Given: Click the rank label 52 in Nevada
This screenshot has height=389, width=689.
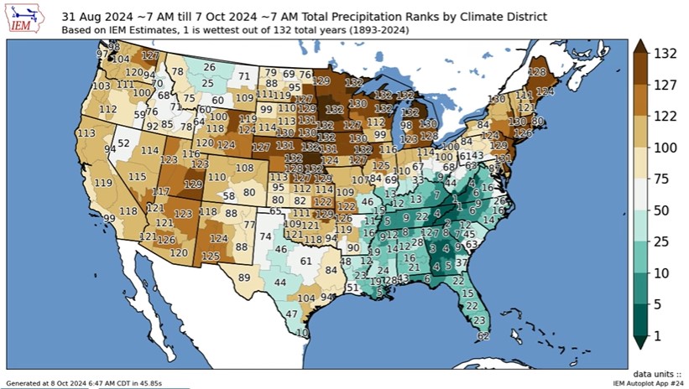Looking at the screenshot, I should (123, 143).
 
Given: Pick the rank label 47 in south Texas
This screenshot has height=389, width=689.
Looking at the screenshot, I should (291, 314).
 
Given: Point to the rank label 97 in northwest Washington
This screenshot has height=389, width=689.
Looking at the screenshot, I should (102, 54).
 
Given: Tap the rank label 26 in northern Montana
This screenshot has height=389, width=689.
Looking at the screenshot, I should (209, 67).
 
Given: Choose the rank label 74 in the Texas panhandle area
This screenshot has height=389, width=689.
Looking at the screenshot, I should (266, 237).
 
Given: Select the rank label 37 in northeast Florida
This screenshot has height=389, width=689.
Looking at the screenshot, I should (462, 263).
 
